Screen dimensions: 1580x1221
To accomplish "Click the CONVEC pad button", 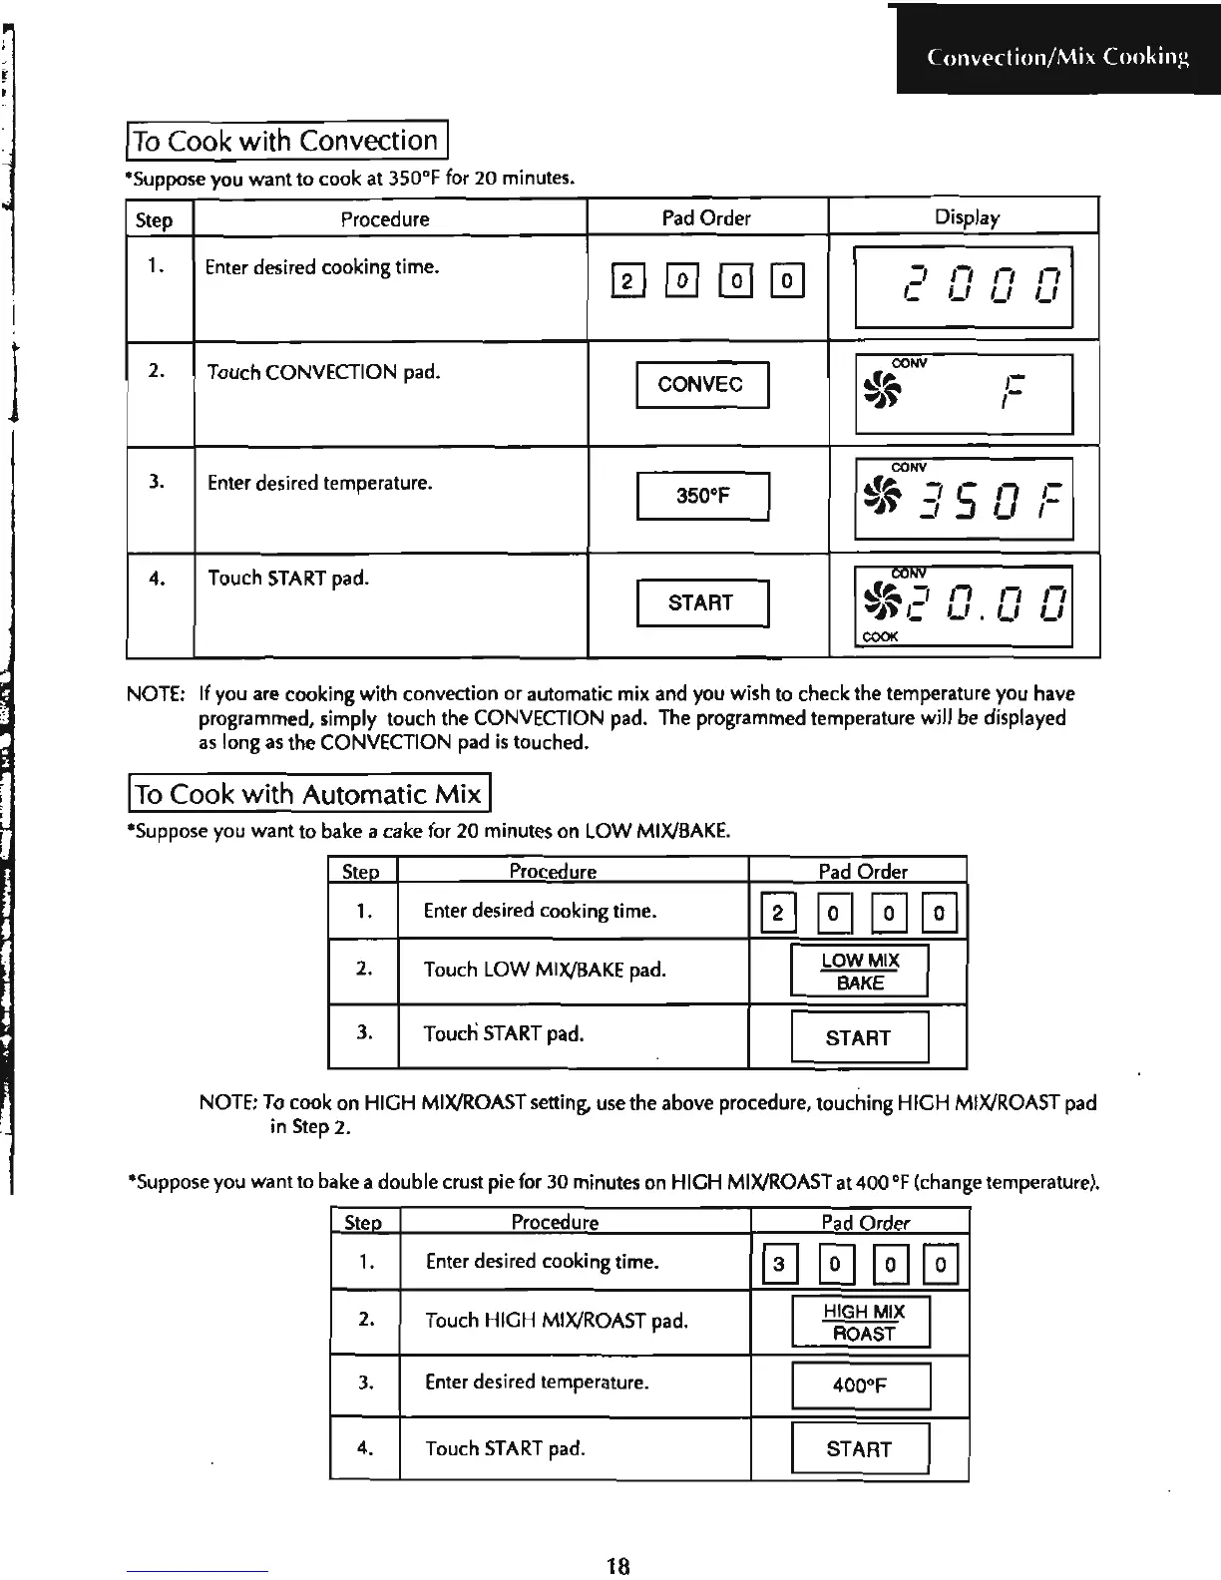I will (702, 385).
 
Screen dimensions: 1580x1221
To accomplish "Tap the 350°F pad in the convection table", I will (702, 496).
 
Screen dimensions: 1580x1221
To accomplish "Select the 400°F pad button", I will (860, 1385).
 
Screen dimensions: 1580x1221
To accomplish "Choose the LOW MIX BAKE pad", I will (859, 972).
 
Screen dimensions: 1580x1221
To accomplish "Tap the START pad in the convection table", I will (702, 602).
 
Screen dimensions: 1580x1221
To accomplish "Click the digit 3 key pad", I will (779, 1265).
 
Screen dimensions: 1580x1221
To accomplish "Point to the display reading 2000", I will (964, 286).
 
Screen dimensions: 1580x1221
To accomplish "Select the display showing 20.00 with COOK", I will (964, 605).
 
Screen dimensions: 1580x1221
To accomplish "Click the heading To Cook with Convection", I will (286, 141).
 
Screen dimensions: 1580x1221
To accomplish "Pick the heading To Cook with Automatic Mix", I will (309, 794).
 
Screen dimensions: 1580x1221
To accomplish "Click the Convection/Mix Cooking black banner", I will (1057, 57).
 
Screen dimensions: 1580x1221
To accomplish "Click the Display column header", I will (966, 217).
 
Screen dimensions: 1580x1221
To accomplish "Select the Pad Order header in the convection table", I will (706, 217).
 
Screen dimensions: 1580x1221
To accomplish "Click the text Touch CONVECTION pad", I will (322, 373).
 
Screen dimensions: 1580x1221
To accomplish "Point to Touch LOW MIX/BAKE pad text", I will (545, 970).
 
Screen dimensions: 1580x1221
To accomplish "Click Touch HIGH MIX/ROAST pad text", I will (557, 1321).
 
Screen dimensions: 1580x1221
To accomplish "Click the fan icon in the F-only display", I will (882, 390).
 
